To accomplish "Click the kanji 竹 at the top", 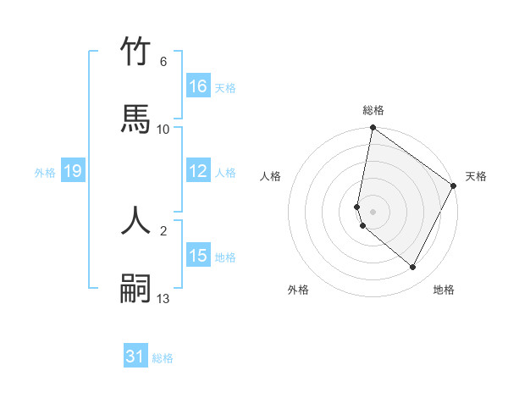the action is tap(135, 51).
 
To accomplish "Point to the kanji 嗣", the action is tap(135, 289).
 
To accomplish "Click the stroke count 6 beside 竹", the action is tap(163, 61).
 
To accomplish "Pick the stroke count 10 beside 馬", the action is tap(163, 129).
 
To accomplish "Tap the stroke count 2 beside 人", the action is tap(163, 230).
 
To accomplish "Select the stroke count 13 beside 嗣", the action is tap(163, 298).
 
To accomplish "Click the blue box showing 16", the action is tap(198, 86).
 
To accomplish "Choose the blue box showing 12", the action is tap(198, 171).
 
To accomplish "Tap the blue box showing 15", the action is tap(198, 256).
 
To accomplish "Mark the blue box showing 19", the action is tap(73, 172).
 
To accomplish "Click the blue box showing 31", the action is tap(135, 357).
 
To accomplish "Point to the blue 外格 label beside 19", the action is tap(45, 173).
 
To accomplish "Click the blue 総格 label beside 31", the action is tap(163, 358).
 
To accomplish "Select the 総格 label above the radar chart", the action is tap(373, 110).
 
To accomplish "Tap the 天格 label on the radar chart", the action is tap(476, 176).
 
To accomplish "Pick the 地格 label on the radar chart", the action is tap(444, 290).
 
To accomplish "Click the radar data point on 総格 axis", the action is tap(373, 129).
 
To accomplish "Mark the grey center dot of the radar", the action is tap(373, 211).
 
